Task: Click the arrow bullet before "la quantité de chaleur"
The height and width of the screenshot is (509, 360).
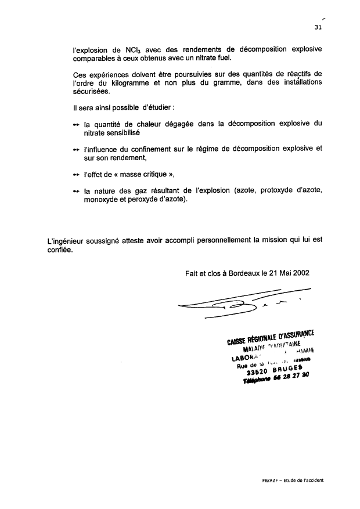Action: [x=76, y=124]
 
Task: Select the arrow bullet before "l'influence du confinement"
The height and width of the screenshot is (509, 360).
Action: [x=76, y=149]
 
